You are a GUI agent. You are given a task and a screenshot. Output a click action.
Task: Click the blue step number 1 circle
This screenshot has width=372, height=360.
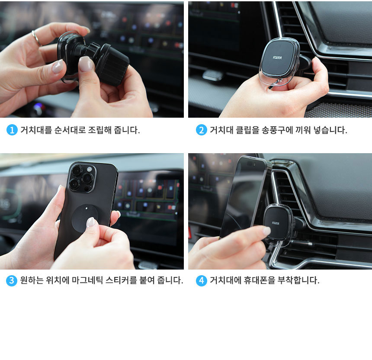(x=12, y=130)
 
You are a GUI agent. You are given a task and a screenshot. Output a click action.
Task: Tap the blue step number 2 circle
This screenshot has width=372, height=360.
(x=202, y=130)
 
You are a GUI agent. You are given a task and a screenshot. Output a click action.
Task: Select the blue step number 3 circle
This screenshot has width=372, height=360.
(x=12, y=280)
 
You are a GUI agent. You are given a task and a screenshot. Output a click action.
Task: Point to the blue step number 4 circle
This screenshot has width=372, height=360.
(x=202, y=280)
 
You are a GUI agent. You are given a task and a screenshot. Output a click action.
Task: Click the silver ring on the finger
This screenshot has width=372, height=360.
(x=36, y=39)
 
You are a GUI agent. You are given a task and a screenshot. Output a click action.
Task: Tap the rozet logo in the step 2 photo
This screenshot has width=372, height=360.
(x=277, y=58)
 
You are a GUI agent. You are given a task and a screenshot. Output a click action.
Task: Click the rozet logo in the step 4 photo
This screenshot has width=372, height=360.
(x=276, y=223)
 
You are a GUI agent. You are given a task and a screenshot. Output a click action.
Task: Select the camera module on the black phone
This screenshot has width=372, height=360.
(x=82, y=178)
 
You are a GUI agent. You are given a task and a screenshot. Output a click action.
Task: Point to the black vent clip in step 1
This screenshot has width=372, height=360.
(x=112, y=64)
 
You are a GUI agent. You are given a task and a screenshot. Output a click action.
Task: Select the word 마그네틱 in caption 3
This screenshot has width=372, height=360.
(x=87, y=280)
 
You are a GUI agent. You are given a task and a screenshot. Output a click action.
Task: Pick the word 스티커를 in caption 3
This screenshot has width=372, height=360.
(x=121, y=280)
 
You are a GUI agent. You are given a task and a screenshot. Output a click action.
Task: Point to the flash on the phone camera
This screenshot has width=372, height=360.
(x=90, y=169)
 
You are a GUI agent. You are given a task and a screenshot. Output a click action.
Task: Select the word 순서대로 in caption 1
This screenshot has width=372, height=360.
(x=70, y=130)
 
